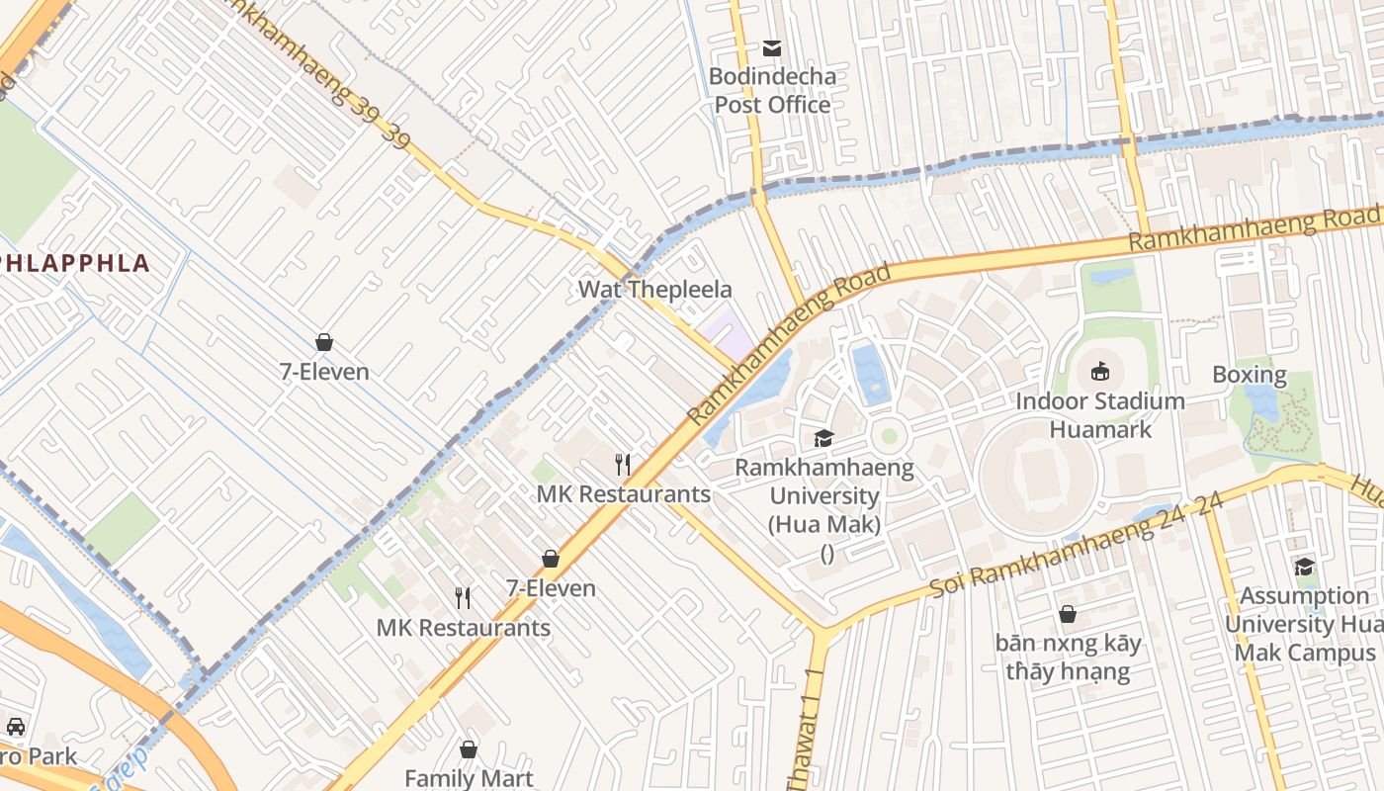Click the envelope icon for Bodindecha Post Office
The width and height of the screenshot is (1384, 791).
tap(771, 47)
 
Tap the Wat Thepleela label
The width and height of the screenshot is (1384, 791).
tap(654, 290)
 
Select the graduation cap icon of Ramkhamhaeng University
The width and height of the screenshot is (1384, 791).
tap(823, 438)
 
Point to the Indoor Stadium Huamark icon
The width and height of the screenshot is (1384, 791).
tap(1099, 372)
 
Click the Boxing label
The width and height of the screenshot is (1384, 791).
tap(1250, 375)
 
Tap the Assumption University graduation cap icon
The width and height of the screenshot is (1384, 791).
tap(1304, 567)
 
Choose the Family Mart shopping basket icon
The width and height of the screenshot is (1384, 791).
tap(469, 749)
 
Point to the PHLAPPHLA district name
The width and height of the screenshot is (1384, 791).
tap(75, 263)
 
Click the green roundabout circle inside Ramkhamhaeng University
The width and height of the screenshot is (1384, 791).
tap(889, 435)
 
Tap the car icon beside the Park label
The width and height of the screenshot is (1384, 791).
tap(16, 728)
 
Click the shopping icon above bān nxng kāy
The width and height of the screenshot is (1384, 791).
tap(1068, 614)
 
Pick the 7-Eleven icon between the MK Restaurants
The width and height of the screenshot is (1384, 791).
tap(551, 559)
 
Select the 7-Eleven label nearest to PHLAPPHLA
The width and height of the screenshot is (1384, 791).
tap(323, 372)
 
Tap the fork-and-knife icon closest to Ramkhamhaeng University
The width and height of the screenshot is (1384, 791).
tap(623, 465)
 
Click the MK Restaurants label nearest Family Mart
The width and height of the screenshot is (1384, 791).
tap(463, 628)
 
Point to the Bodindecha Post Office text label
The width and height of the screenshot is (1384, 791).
tap(772, 90)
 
